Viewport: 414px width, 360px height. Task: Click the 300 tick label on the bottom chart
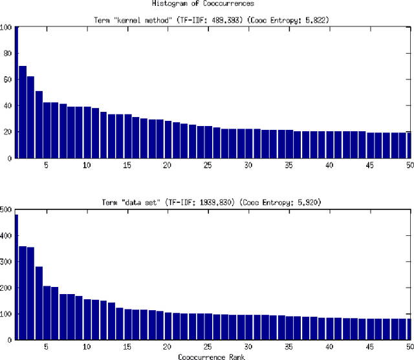pos(6,262)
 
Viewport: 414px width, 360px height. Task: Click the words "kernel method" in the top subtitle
pos(142,19)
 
